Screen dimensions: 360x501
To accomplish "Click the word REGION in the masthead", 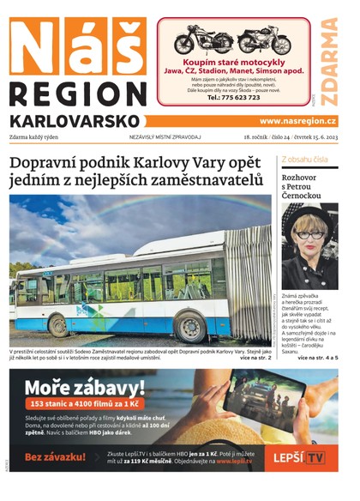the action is click(x=77, y=95).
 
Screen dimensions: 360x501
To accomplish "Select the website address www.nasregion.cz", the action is click(x=297, y=122).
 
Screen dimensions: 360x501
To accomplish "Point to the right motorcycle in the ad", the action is click(x=264, y=39).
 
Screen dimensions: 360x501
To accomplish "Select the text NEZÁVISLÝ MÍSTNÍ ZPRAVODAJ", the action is click(x=165, y=136).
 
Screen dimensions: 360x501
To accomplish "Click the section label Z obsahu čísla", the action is click(x=304, y=160).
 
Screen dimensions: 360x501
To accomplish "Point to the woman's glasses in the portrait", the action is click(x=310, y=234).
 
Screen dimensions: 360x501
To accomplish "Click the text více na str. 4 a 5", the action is click(x=317, y=356).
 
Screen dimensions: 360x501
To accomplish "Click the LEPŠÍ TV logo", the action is click(x=296, y=458).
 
